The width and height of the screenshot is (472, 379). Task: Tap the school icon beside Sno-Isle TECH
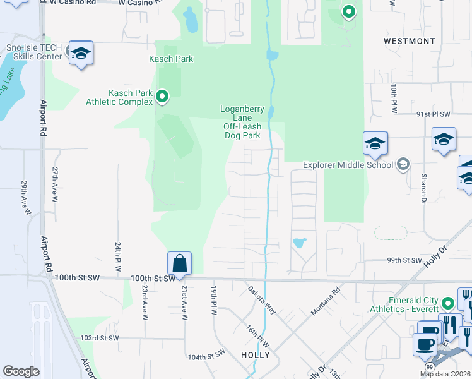tap(81, 54)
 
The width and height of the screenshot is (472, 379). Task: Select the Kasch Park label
tap(170, 59)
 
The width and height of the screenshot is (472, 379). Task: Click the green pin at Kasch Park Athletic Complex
tap(162, 97)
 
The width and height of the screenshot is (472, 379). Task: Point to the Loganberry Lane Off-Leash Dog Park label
tap(242, 122)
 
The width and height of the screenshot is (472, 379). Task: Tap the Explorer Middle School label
tap(348, 165)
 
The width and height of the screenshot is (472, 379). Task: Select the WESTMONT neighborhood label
tap(409, 41)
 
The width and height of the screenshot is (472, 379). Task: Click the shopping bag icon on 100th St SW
tap(180, 263)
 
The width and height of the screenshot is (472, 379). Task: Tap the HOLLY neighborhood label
tap(256, 355)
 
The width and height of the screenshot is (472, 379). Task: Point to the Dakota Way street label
tap(262, 299)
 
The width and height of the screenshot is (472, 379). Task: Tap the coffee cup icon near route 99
tap(424, 345)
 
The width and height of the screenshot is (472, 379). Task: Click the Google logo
tap(21, 371)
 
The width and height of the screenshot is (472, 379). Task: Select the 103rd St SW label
tap(100, 339)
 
